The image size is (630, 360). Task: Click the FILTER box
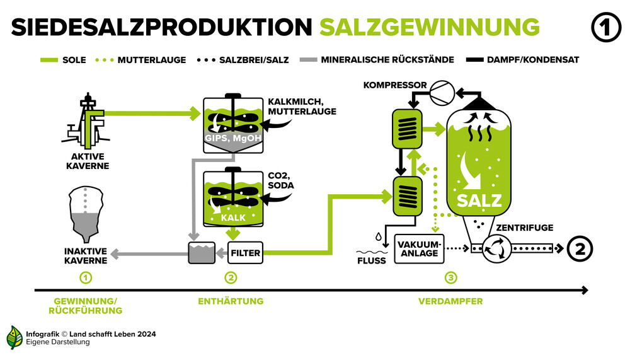(x=245, y=253)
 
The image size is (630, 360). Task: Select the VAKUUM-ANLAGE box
(x=419, y=248)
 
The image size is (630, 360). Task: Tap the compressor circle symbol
(x=442, y=93)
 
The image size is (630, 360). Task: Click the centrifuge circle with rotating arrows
(x=496, y=248)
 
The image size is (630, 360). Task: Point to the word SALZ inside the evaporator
(x=479, y=200)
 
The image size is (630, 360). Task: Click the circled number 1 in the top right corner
(x=606, y=27)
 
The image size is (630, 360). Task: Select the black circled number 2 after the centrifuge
(x=580, y=248)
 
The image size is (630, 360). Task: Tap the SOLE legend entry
(x=63, y=60)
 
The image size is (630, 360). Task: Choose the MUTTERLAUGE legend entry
(x=140, y=60)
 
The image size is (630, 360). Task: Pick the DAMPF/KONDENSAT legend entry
(x=523, y=60)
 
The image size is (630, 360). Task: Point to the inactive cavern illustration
(x=86, y=214)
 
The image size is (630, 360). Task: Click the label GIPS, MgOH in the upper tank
(x=233, y=138)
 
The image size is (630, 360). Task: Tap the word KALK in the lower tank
(x=233, y=218)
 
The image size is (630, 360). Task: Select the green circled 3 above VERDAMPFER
(x=451, y=277)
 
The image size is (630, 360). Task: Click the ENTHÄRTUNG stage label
(x=231, y=301)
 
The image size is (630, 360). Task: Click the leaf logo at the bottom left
(x=14, y=337)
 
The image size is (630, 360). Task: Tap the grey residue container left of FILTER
(x=202, y=253)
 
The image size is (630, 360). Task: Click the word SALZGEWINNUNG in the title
(x=430, y=27)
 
